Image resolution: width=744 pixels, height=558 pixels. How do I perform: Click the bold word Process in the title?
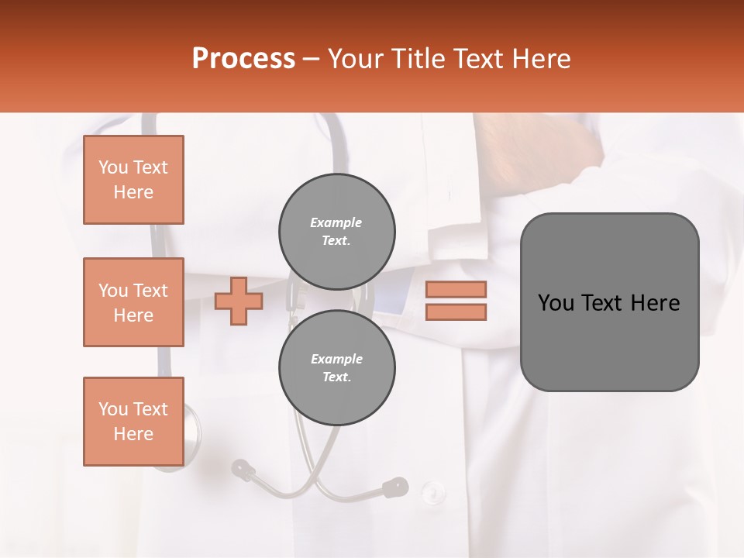pyautogui.click(x=243, y=59)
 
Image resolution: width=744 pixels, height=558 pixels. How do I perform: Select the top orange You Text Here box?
pyautogui.click(x=133, y=180)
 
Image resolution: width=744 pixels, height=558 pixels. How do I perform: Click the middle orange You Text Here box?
pyautogui.click(x=133, y=302)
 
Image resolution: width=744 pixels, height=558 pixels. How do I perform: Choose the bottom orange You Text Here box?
pyautogui.click(x=133, y=422)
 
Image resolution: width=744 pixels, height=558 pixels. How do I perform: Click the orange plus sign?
pyautogui.click(x=239, y=301)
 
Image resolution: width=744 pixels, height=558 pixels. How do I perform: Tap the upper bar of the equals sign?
pyautogui.click(x=456, y=289)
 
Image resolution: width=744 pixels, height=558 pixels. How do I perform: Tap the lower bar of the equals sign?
pyautogui.click(x=456, y=312)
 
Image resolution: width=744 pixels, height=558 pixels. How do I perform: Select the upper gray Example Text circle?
pyautogui.click(x=337, y=232)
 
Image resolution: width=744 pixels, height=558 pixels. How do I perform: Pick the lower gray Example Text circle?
pyautogui.click(x=337, y=368)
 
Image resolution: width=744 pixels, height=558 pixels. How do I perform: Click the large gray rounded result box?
pyautogui.click(x=609, y=341)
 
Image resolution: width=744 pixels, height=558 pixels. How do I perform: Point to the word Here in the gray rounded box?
pyautogui.click(x=655, y=303)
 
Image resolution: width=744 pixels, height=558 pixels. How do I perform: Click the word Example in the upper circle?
pyautogui.click(x=336, y=222)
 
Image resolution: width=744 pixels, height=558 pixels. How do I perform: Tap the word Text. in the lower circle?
pyautogui.click(x=336, y=377)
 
